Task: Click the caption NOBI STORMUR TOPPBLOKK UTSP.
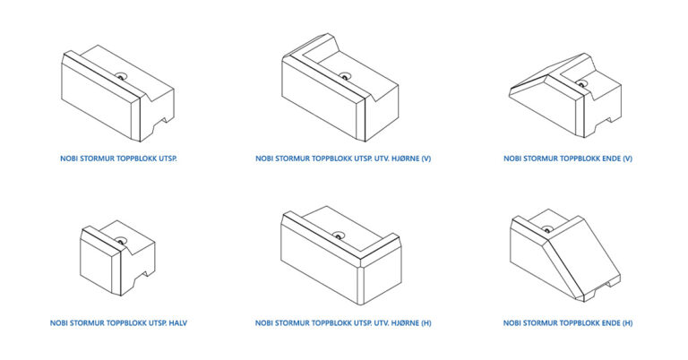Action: pos(118,159)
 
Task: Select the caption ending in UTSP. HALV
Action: pos(118,323)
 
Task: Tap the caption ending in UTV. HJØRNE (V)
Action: pos(343,159)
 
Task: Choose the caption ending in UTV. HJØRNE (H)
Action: pos(343,323)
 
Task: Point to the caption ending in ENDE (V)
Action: pos(568,159)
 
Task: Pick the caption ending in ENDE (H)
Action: pos(568,323)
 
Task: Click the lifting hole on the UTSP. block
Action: pos(121,76)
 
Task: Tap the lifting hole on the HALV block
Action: pos(120,241)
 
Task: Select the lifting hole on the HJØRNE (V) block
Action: pos(345,76)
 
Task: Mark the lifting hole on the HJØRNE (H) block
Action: pos(338,235)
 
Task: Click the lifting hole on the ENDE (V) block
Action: pos(581,84)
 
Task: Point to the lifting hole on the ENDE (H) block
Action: pos(547,229)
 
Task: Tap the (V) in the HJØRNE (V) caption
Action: pos(426,159)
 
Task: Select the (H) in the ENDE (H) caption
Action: pos(627,323)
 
